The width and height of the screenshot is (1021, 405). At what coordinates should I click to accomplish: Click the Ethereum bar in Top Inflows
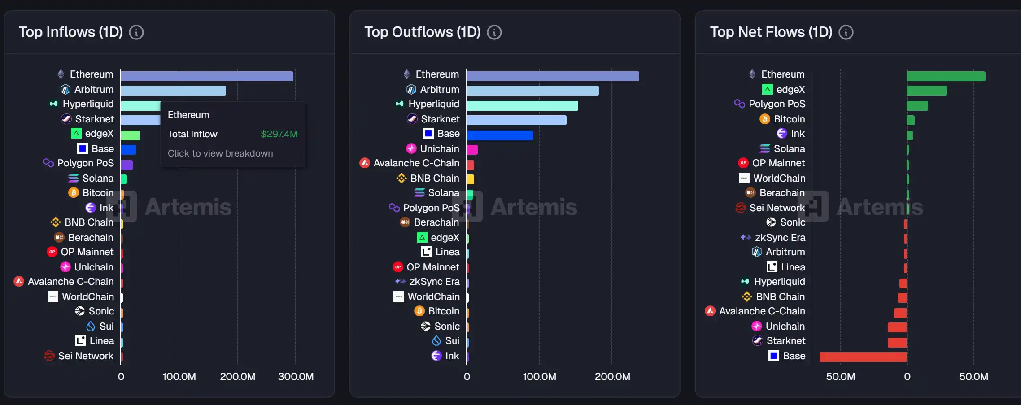207,76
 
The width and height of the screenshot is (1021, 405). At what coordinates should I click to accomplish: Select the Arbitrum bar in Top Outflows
532,91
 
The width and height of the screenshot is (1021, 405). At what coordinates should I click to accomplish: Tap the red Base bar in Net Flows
863,357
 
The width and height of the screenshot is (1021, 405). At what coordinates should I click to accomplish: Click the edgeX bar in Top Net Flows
926,91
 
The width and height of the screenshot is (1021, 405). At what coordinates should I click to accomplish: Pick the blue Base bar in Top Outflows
500,135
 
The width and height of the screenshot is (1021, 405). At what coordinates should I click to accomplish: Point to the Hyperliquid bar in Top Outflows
522,106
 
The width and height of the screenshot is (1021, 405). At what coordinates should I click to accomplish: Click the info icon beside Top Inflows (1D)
136,32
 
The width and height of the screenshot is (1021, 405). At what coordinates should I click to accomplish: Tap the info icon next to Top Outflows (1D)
494,32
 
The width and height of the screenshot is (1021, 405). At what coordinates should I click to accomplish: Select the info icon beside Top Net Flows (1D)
846,32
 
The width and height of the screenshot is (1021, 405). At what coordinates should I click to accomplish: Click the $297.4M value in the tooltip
279,134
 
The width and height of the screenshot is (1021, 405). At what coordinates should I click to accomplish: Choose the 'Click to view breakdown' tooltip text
220,153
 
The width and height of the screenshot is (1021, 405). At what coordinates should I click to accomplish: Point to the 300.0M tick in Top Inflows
296,377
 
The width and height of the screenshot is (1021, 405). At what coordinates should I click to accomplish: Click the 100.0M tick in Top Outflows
539,377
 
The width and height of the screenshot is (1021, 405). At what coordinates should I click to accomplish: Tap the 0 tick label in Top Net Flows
907,377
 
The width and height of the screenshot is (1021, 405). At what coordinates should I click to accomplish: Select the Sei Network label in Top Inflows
86,356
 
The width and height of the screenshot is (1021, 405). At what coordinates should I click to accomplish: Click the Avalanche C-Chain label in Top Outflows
416,163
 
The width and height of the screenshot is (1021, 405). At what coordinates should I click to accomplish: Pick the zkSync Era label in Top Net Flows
780,238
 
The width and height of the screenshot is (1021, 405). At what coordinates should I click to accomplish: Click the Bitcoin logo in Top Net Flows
765,119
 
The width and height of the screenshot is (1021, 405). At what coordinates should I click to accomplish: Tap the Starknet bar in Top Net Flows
897,343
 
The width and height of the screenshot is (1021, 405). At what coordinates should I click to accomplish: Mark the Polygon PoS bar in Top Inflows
127,165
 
